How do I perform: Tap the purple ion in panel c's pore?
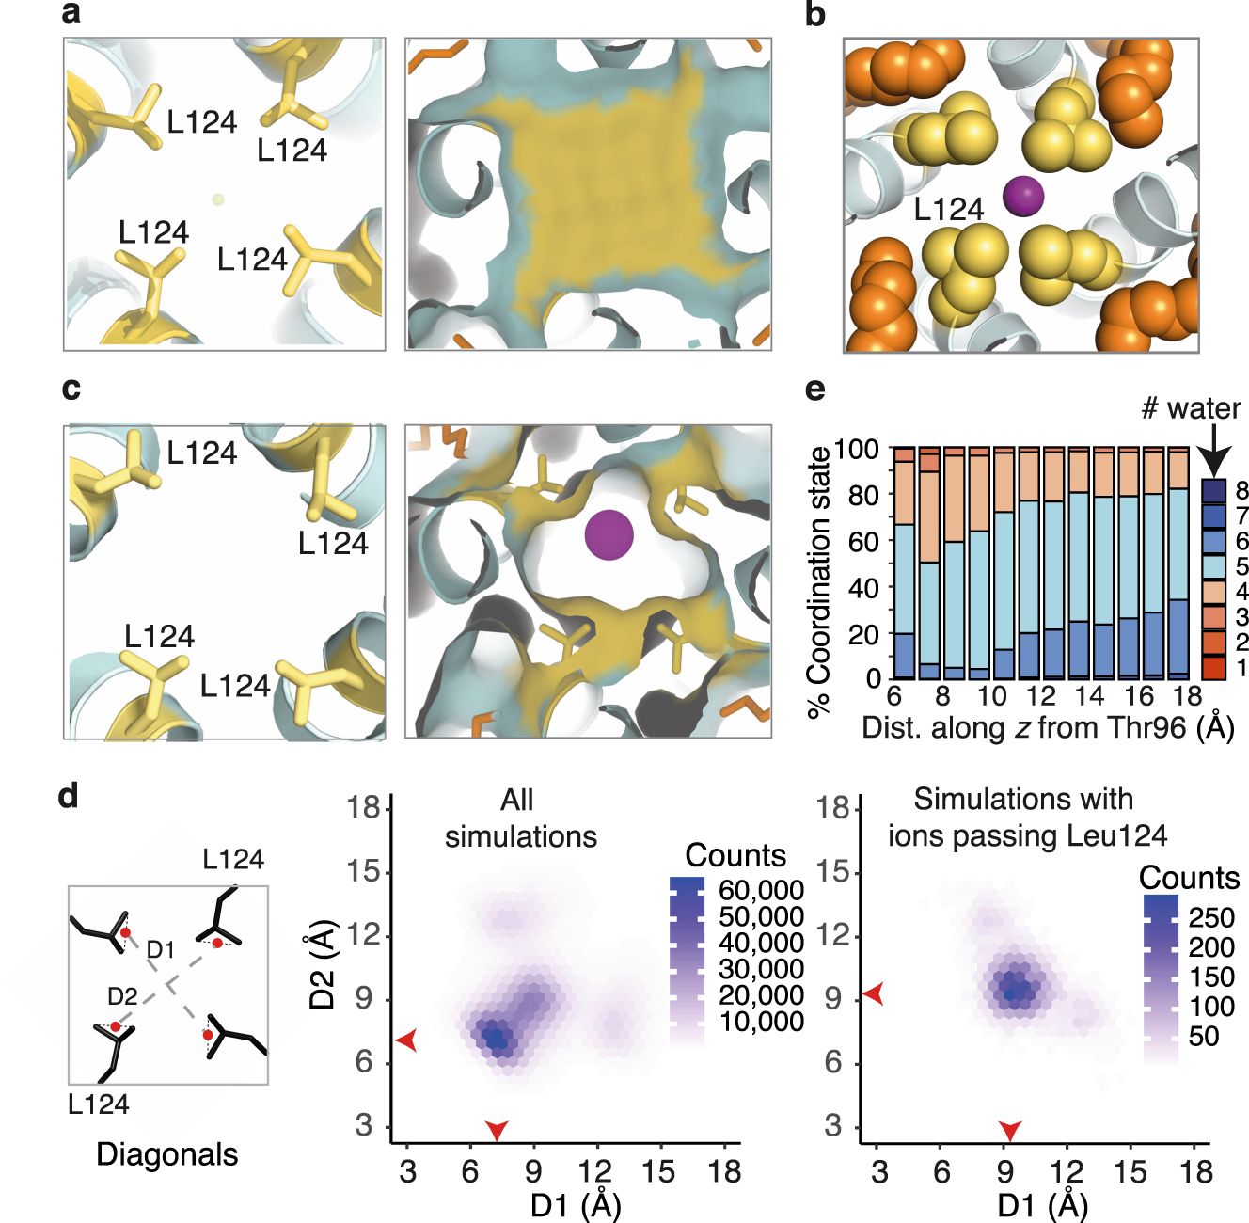coord(609,534)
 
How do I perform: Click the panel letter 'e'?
coord(814,389)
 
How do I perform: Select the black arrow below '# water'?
coord(1214,450)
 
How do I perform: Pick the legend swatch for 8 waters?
coord(1213,490)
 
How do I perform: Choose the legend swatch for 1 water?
coord(1213,668)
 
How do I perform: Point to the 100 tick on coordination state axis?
coord(857,450)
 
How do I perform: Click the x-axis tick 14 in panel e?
coord(1089,696)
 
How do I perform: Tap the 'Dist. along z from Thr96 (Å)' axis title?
coord(1048,727)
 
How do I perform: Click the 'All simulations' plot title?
coord(520,818)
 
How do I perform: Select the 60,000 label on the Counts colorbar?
coord(761,890)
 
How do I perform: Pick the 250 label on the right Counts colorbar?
coord(1211,917)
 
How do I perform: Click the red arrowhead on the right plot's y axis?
coord(874,993)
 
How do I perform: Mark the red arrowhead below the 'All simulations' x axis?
coord(497,1129)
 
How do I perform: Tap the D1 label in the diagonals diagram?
coord(161,949)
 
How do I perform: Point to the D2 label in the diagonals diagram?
coord(122,996)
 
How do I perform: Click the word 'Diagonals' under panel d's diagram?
coord(166,1154)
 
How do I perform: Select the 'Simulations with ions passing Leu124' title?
coord(1026,817)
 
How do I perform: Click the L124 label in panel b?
coord(948,209)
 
